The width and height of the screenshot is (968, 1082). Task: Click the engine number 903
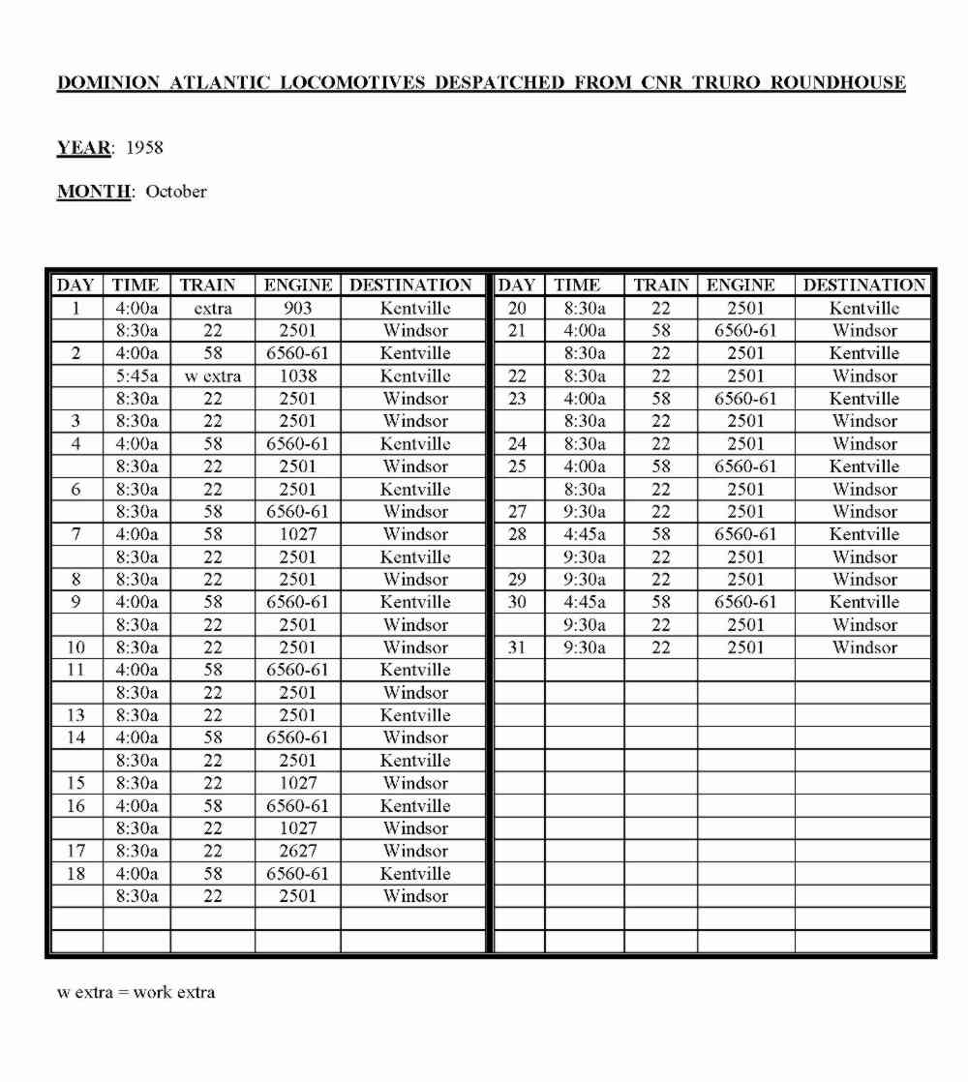(297, 309)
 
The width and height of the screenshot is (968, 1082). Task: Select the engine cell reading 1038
(297, 376)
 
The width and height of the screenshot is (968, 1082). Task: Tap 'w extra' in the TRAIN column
(212, 376)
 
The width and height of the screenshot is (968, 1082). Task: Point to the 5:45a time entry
(136, 376)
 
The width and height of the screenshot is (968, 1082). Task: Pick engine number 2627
(297, 852)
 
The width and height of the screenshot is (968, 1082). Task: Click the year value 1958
(144, 148)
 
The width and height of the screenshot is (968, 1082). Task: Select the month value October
(176, 192)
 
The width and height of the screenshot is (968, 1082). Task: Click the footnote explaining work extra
(136, 992)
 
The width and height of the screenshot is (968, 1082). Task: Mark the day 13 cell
(76, 716)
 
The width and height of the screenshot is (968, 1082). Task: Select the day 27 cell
(518, 512)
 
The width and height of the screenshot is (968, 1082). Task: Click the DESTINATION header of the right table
(863, 286)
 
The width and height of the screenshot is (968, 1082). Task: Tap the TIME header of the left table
(136, 286)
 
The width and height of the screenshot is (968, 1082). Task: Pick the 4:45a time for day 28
(578, 534)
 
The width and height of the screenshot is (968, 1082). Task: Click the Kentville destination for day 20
(863, 309)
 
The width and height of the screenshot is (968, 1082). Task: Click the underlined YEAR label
(84, 148)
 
